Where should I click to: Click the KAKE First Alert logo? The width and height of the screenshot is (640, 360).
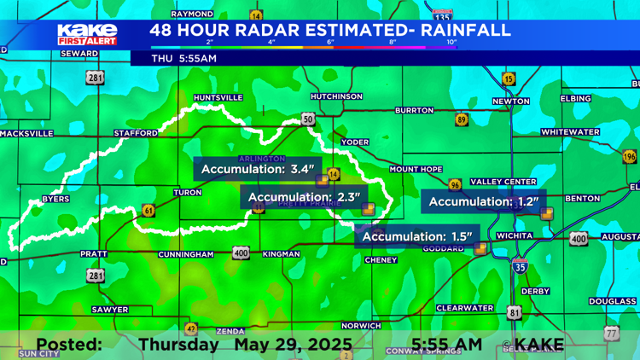tap(87, 34)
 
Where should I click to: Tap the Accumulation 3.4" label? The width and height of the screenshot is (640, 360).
tap(256, 169)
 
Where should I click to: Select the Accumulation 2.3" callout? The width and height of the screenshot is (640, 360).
tap(305, 198)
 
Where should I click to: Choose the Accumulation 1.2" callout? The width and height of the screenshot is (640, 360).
tap(483, 201)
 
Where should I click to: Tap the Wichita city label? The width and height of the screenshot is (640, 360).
tap(515, 235)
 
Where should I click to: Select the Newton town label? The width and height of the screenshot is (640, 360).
tap(511, 102)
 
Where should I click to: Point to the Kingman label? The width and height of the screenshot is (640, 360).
tap(281, 254)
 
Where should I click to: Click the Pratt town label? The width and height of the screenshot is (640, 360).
tap(93, 254)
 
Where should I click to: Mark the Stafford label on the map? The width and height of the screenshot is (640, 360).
tap(137, 133)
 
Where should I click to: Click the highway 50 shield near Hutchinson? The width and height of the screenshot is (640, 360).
tap(307, 119)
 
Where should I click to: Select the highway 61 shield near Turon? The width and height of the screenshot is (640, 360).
tap(149, 210)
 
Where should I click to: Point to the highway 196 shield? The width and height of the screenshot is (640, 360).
tap(630, 157)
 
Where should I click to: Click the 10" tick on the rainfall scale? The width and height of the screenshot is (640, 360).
tap(451, 42)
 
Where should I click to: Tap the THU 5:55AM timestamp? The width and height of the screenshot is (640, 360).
tap(184, 59)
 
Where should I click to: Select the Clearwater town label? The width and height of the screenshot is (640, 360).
tap(465, 308)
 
